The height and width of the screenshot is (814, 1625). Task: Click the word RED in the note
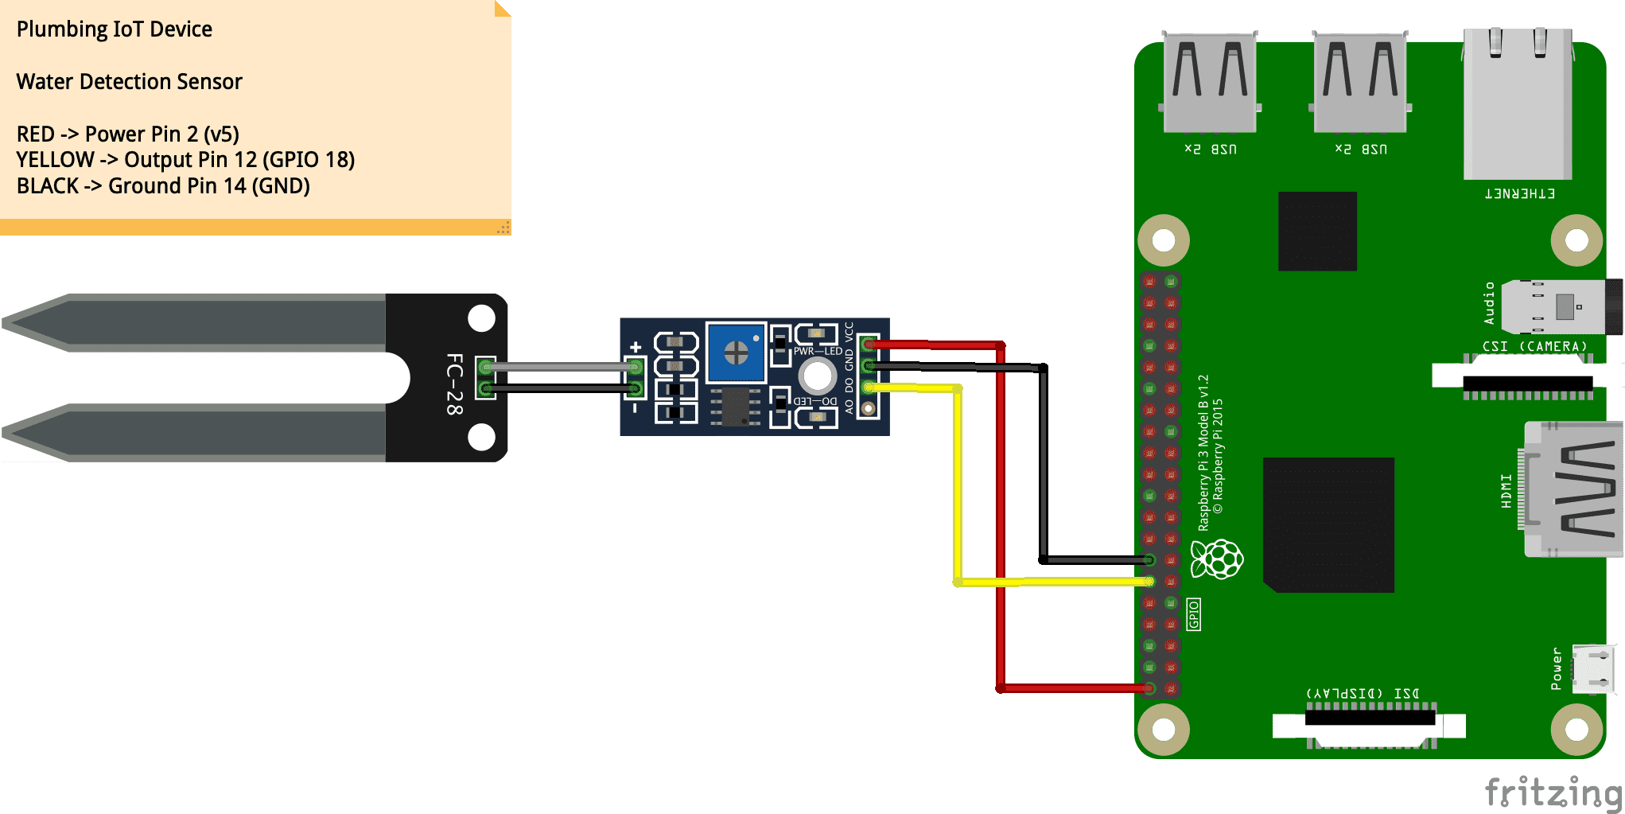pyautogui.click(x=36, y=134)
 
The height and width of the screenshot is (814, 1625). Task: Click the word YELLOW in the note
pyautogui.click(x=55, y=160)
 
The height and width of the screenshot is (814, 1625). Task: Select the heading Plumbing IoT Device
pyautogui.click(x=114, y=29)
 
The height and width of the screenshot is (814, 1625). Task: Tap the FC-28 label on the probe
pyautogui.click(x=453, y=384)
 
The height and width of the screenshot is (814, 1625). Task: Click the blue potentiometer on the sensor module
pyautogui.click(x=736, y=352)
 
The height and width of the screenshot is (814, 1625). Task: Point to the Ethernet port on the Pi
pyautogui.click(x=1518, y=103)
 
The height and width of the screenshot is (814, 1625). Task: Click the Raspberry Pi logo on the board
pyautogui.click(x=1217, y=559)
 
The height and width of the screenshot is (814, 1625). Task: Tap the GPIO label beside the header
pyautogui.click(x=1193, y=614)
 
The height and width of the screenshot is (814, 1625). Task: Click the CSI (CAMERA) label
pyautogui.click(x=1534, y=346)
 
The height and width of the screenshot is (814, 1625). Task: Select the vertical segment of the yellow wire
pyautogui.click(x=958, y=485)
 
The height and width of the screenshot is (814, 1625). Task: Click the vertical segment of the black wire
pyautogui.click(x=1043, y=462)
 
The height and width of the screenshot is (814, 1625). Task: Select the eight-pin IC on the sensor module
pyautogui.click(x=735, y=407)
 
